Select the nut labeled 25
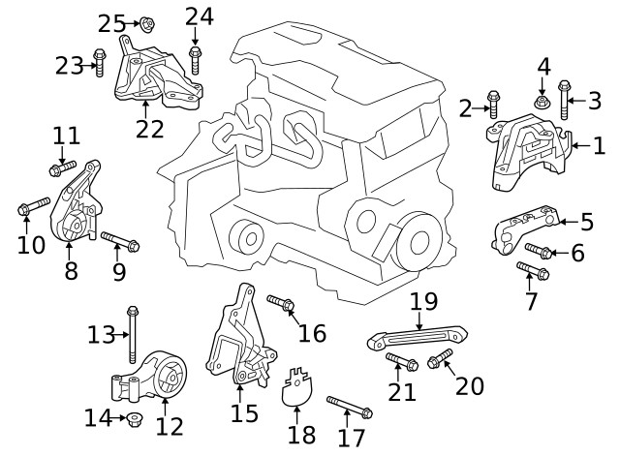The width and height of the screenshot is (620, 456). (x=147, y=23)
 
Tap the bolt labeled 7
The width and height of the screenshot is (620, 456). (x=535, y=271)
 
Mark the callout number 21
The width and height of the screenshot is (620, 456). (x=402, y=391)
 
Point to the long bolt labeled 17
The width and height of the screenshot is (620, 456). (x=349, y=407)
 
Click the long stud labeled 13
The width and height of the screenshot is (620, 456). (x=132, y=335)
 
